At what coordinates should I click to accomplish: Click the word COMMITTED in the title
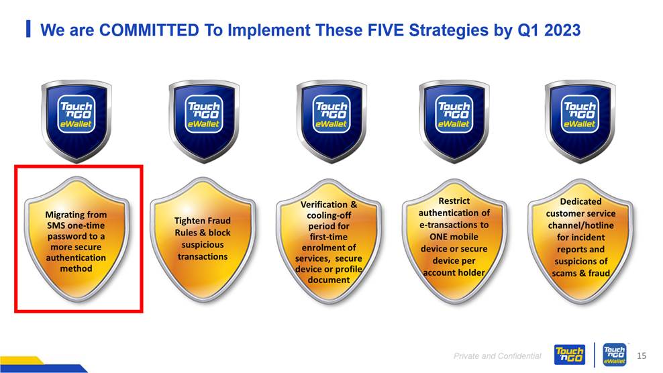(x=149, y=30)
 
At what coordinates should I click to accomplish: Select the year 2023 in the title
(x=562, y=30)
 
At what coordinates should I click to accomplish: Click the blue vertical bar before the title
(x=28, y=29)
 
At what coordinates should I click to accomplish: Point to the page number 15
(x=642, y=356)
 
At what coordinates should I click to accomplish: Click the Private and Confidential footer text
(x=497, y=356)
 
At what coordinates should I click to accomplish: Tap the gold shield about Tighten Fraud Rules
(x=203, y=239)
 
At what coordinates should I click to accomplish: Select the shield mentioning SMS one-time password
(x=76, y=239)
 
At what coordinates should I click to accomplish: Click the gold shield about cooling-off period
(x=329, y=241)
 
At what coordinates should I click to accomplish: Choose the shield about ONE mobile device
(x=454, y=241)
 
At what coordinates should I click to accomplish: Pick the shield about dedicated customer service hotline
(x=580, y=241)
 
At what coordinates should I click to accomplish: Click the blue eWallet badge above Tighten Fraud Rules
(x=204, y=121)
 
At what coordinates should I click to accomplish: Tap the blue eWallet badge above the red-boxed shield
(x=76, y=121)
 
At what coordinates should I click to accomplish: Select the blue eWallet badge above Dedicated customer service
(x=580, y=121)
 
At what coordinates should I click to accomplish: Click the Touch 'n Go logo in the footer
(x=570, y=354)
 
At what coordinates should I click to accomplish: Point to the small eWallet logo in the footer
(x=615, y=354)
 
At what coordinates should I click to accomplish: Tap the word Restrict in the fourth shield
(x=454, y=201)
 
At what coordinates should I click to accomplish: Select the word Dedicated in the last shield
(x=580, y=202)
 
